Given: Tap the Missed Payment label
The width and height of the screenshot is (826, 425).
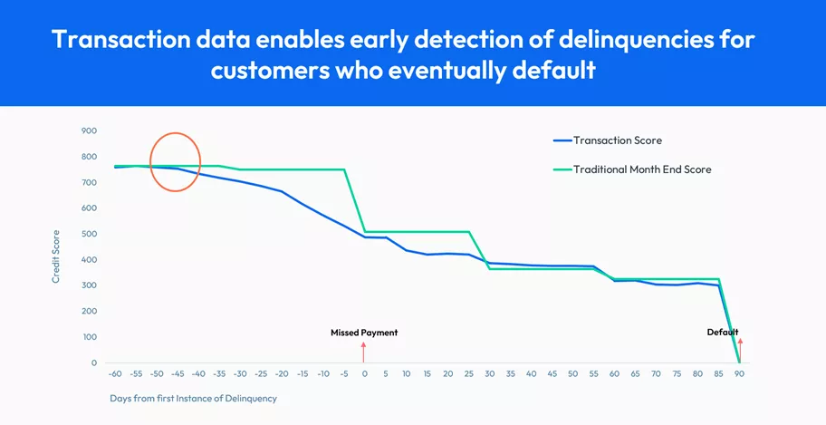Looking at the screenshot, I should point(364,333).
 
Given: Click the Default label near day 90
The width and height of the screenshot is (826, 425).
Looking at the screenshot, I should point(722,332).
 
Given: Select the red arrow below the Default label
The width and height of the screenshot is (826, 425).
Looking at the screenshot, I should point(739,350).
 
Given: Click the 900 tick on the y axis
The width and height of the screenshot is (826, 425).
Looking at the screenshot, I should point(89,130).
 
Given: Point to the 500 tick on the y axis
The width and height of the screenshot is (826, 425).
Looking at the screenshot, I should point(89,234).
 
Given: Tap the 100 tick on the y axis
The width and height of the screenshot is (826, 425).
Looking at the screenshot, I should point(89,337).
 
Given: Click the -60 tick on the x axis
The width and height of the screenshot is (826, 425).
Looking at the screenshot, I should point(115,373).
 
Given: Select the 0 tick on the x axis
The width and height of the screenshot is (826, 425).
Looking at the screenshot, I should point(364,373).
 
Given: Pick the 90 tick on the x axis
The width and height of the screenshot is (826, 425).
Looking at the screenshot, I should point(738,373).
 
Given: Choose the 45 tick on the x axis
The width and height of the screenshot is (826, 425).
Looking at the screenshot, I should point(552,373).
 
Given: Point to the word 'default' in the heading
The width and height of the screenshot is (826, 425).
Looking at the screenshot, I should point(555,70).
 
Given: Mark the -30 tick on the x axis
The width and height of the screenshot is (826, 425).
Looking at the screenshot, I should point(239,373).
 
